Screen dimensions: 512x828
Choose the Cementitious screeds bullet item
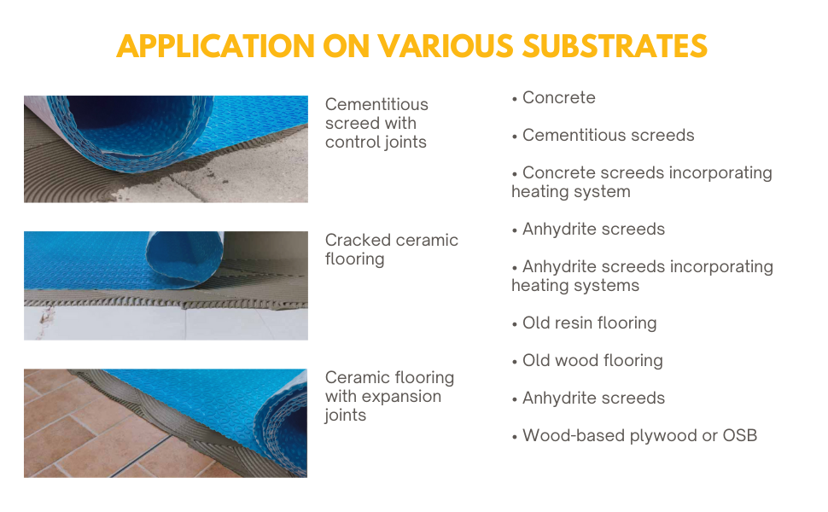pyautogui.click(x=608, y=136)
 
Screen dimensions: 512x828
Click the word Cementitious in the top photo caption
pyautogui.click(x=376, y=105)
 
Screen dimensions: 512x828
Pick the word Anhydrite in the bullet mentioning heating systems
pyautogui.click(x=558, y=267)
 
